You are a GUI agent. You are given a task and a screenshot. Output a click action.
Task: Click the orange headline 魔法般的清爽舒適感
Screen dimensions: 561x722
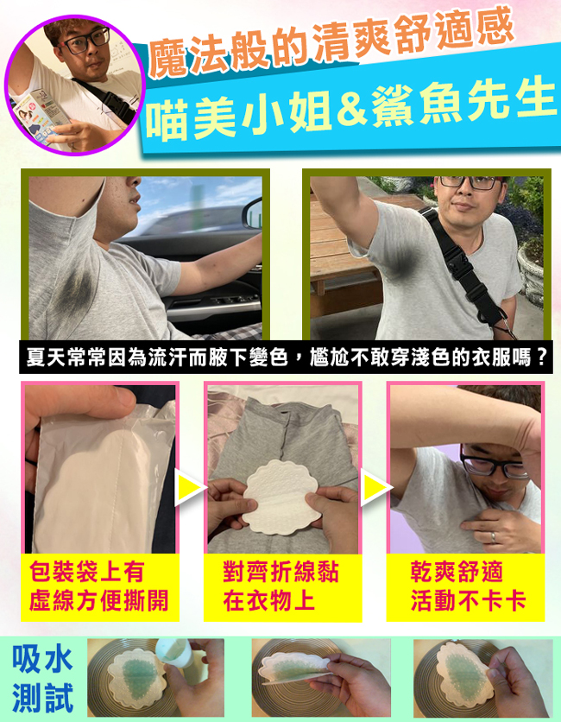click(x=331, y=42)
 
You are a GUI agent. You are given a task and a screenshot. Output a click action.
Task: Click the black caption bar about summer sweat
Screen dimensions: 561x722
click(x=286, y=358)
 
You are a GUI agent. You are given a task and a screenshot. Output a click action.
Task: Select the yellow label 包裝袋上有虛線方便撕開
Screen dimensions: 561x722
click(x=99, y=586)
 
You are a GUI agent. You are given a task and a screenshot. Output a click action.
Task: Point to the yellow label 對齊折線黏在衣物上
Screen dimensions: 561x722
click(x=282, y=586)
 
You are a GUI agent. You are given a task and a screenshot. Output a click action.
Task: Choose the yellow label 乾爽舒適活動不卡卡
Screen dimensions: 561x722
click(x=465, y=586)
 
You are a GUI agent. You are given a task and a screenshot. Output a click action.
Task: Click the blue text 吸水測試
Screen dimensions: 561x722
click(x=43, y=679)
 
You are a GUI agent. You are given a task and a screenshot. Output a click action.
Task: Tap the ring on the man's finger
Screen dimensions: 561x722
click(x=493, y=537)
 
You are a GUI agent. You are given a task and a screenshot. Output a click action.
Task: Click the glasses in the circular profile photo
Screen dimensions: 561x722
click(x=86, y=40)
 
